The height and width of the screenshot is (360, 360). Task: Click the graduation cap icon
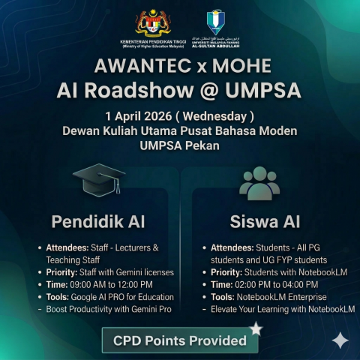coord(98,182)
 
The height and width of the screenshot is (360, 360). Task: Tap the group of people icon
coord(259,183)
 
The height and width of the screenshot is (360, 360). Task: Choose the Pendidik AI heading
coord(98,222)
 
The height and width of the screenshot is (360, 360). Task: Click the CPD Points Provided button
coord(179,340)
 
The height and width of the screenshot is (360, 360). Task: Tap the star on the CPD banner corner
coord(256,328)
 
